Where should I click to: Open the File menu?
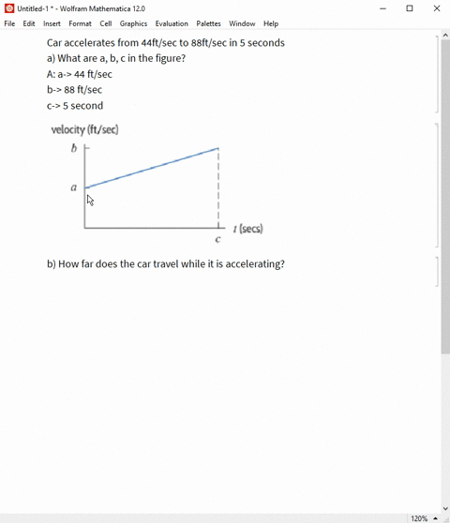pos(9,23)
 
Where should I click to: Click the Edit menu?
pos(29,23)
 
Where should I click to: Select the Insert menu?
pos(52,23)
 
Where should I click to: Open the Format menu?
pos(80,23)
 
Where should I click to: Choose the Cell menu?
pos(106,23)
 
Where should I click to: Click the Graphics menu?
pos(133,23)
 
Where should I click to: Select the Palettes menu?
pos(208,23)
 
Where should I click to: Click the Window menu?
pos(242,23)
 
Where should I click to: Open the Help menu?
pos(271,23)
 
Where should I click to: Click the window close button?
pos(436,8)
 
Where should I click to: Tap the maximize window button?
pos(410,8)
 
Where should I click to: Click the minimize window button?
pos(383,8)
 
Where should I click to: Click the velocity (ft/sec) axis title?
pos(84,129)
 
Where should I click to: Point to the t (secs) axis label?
pos(248,229)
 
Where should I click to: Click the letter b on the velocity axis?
pos(74,148)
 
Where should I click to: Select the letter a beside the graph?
pos(74,187)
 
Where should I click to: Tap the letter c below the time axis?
pos(217,240)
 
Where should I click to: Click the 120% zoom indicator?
pos(419,517)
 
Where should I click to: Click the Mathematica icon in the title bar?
pos(9,8)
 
